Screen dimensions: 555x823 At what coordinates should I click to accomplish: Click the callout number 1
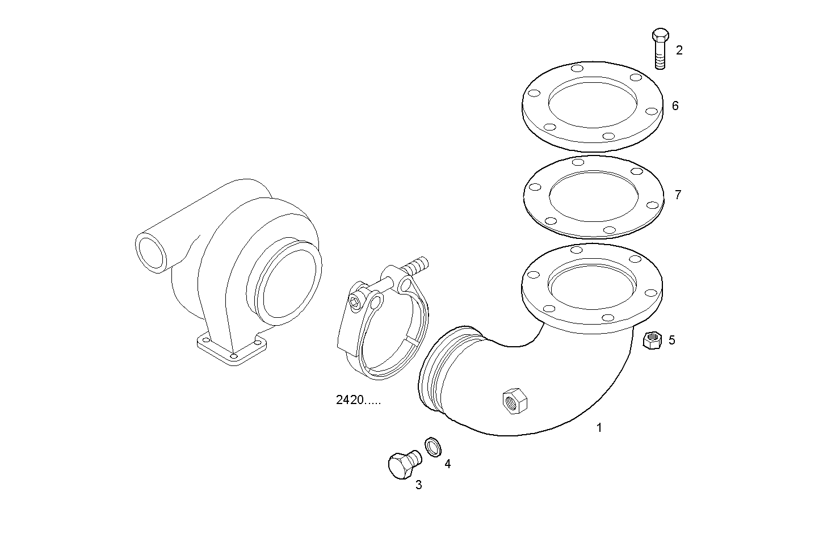[x=599, y=428]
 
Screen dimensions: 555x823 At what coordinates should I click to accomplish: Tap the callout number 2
[x=679, y=50]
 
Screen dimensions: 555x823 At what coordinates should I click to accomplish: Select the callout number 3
[x=418, y=485]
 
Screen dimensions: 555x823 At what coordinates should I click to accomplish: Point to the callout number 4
[x=447, y=464]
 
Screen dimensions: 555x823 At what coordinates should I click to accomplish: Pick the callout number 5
[x=671, y=340]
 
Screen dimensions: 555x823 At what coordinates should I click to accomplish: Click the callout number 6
[x=675, y=106]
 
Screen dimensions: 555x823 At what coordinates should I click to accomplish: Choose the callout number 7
[x=678, y=195]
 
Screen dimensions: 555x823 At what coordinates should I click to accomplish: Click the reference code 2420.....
[x=358, y=400]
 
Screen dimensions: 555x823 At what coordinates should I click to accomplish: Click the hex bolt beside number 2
[x=660, y=48]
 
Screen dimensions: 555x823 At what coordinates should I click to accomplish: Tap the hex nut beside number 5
[x=652, y=340]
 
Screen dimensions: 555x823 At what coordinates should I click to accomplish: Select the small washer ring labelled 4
[x=433, y=447]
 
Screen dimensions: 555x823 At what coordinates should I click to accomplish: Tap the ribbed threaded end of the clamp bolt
[x=417, y=266]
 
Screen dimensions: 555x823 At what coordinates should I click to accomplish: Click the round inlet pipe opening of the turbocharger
[x=151, y=253]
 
